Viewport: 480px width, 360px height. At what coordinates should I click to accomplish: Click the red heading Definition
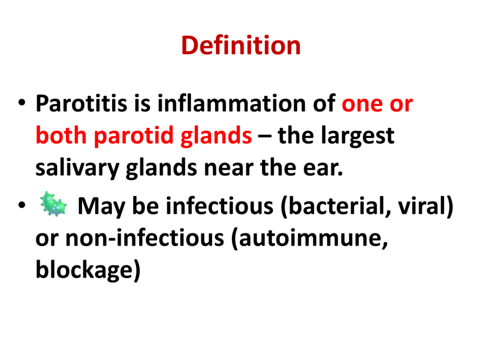(x=241, y=45)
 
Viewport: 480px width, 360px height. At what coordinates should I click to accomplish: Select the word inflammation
(x=232, y=103)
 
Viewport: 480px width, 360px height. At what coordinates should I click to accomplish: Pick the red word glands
(x=216, y=135)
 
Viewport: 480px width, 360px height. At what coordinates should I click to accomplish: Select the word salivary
(x=77, y=168)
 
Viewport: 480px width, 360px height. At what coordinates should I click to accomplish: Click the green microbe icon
(x=53, y=204)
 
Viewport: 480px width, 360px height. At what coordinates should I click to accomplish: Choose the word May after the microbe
(x=101, y=206)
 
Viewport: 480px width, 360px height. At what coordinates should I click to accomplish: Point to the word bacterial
(x=336, y=206)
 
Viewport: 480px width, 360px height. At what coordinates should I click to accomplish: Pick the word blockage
(x=88, y=270)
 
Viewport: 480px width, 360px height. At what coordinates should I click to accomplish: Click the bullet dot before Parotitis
(x=22, y=103)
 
